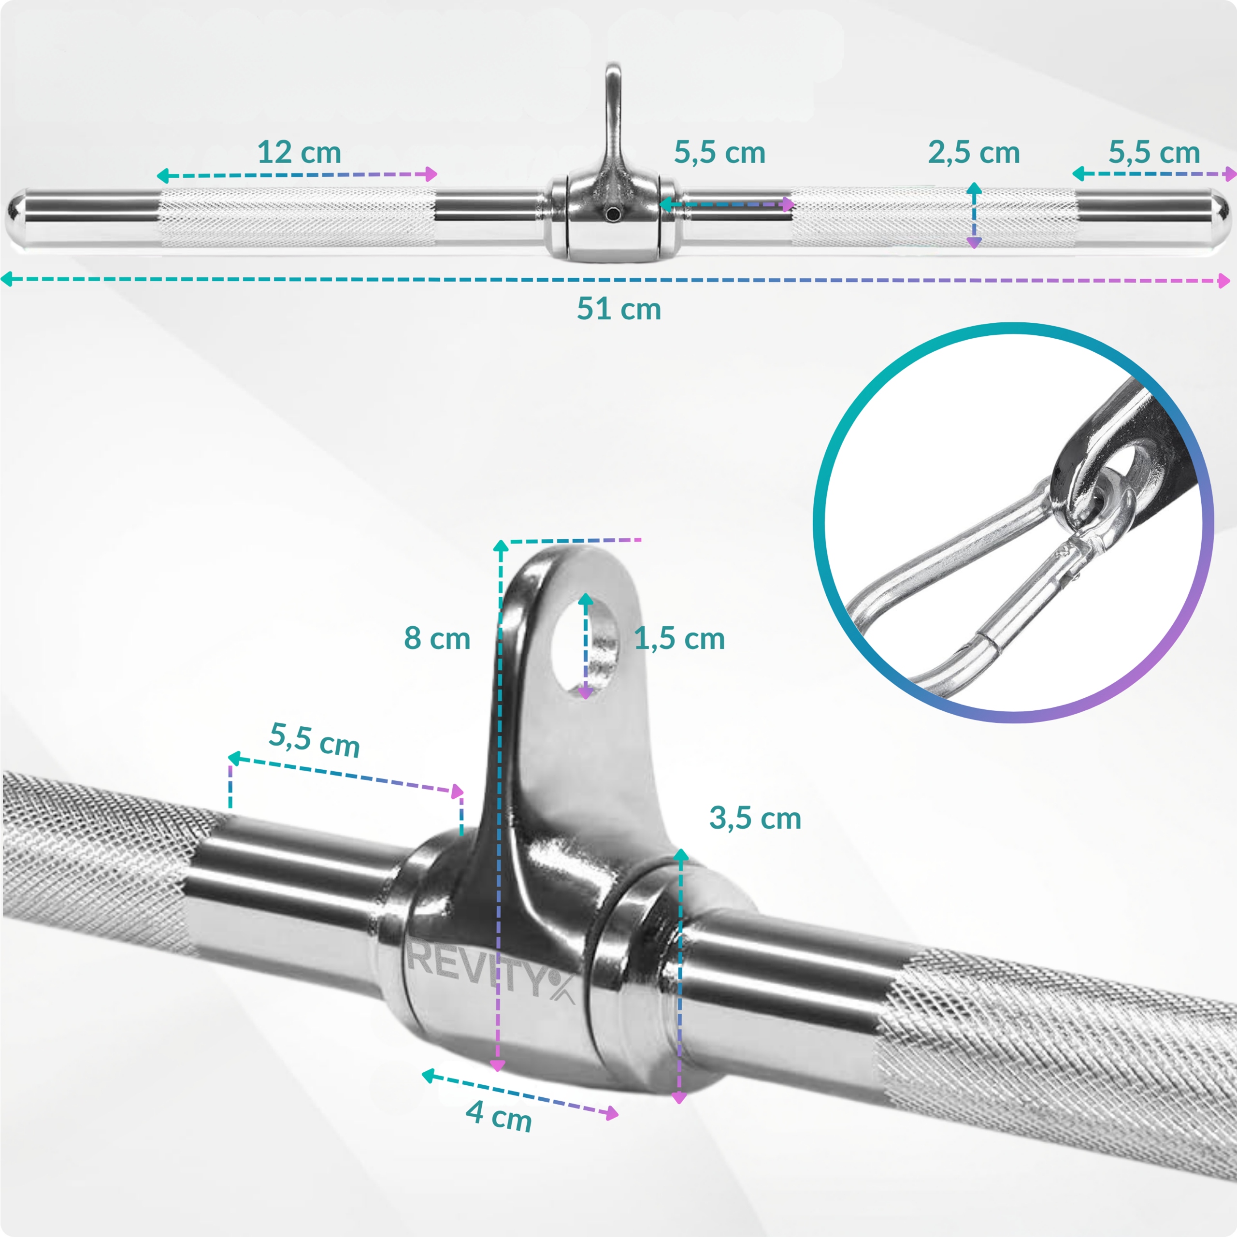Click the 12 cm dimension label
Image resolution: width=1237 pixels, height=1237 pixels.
(x=299, y=152)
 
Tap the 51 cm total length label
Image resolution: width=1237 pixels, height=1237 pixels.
(x=618, y=309)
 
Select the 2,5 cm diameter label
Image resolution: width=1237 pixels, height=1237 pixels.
(x=974, y=152)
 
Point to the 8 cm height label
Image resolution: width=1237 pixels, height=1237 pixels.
(x=437, y=638)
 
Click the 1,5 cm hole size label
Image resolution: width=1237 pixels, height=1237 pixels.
(x=679, y=638)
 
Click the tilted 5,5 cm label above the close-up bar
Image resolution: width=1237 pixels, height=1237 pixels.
(x=315, y=739)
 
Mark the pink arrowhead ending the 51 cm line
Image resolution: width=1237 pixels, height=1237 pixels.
(x=1223, y=280)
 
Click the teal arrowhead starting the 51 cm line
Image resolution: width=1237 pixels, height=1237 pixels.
(x=8, y=278)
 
